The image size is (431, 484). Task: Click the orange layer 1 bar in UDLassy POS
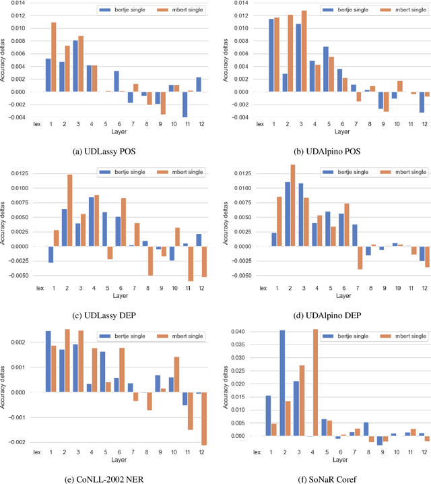[54, 57]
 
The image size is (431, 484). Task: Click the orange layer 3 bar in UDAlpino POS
[285, 51]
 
